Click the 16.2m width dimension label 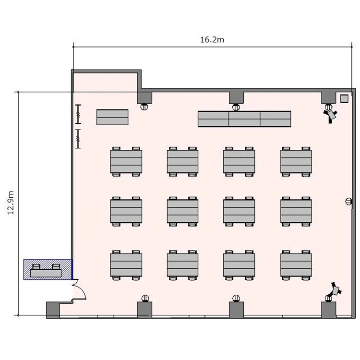(x=212, y=40)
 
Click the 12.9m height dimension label (x=11, y=203)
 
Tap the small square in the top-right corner (x=344, y=98)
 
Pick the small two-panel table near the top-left (x=112, y=117)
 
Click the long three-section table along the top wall (x=244, y=119)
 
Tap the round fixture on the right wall (x=348, y=202)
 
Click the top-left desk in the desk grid (x=126, y=162)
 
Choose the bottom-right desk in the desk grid (x=296, y=265)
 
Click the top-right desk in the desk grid (x=296, y=162)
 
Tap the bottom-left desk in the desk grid (x=126, y=265)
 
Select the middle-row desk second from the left (x=182, y=212)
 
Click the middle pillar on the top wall (x=237, y=97)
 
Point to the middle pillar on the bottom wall (x=237, y=310)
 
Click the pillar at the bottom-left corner (x=53, y=310)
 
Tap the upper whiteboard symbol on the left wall (x=78, y=114)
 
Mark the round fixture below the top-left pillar (x=144, y=107)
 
